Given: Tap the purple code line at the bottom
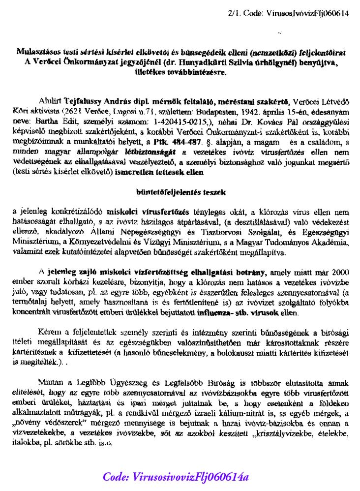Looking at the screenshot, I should pos(176,476).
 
